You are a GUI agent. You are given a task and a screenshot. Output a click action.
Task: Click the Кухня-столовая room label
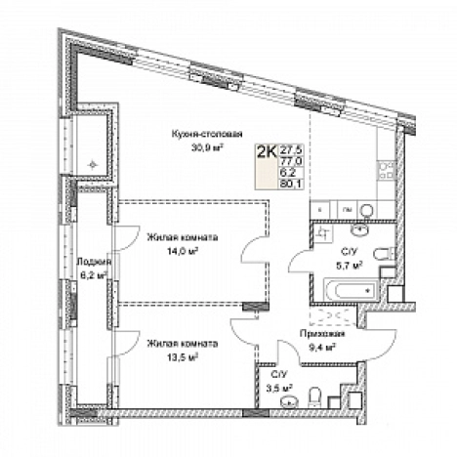pos(207,134)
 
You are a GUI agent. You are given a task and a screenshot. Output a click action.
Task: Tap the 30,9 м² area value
pos(208,148)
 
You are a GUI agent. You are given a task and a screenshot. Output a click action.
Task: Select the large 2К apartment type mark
pos(267,151)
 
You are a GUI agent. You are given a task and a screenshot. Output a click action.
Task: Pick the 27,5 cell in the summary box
pos(291,150)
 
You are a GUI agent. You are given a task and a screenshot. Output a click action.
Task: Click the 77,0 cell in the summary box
pos(291,161)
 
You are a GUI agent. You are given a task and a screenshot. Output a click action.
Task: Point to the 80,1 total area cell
pos(291,184)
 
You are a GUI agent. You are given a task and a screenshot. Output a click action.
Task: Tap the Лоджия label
pos(94,262)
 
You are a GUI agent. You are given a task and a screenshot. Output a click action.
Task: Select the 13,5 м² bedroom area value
pos(183,357)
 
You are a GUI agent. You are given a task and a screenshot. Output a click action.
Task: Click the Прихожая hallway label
pos(322,333)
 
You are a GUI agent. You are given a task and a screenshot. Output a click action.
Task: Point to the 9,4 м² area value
pos(322,348)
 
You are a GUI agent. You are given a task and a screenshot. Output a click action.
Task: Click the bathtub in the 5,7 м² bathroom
pos(352,290)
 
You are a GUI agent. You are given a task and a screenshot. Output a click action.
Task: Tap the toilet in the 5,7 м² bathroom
pos(384,254)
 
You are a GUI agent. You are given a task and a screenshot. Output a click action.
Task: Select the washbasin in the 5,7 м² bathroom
pos(359,229)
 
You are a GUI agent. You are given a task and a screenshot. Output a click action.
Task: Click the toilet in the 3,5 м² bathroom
pos(314,396)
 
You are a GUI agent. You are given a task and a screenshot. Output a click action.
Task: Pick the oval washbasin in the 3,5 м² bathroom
pos(289,401)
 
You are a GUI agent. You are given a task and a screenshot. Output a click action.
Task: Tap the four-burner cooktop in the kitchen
pos(386,171)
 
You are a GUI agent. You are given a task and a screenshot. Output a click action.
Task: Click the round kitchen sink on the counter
pos(367,210)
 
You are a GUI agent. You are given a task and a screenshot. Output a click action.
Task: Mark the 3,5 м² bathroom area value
pos(278,388)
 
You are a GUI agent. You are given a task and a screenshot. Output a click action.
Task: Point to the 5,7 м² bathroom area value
pos(350,266)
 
